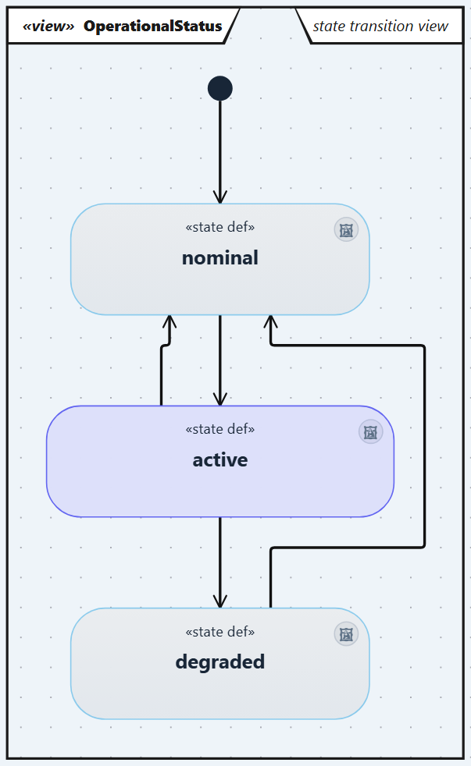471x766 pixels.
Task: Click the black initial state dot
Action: click(x=220, y=88)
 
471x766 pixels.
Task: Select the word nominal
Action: click(x=220, y=258)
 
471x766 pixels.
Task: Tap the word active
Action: click(x=220, y=460)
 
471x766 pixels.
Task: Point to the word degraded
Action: click(x=220, y=662)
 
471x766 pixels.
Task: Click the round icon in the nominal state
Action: click(x=346, y=229)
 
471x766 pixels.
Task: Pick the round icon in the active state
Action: click(x=371, y=432)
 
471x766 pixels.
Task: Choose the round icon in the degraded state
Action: click(x=346, y=634)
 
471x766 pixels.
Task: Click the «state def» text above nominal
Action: click(x=220, y=227)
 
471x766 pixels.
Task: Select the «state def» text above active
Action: click(x=220, y=429)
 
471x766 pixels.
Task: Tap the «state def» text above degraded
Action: click(x=220, y=632)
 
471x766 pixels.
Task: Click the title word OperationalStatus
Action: click(x=152, y=26)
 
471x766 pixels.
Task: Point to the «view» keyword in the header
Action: click(x=48, y=26)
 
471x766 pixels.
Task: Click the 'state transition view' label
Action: click(x=380, y=26)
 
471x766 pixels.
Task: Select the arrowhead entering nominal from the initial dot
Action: click(x=220, y=197)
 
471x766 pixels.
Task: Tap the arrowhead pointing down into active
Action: click(x=220, y=399)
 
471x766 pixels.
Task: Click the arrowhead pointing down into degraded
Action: click(x=220, y=601)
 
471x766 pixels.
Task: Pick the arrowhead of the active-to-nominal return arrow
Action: click(x=169, y=322)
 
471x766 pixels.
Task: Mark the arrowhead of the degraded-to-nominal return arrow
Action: click(x=270, y=322)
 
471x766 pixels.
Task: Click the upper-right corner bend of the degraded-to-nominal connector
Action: click(x=423, y=346)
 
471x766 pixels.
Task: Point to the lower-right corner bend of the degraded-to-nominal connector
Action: click(x=423, y=547)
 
